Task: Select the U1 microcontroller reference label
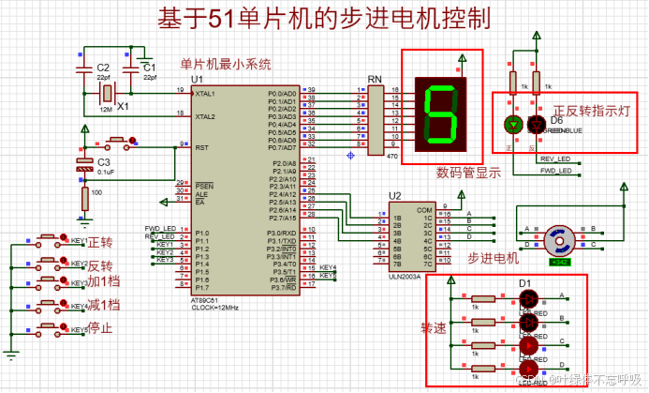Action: (x=197, y=80)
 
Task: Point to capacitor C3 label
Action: (x=104, y=161)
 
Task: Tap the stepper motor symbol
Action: (x=559, y=239)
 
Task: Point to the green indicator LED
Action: (x=512, y=123)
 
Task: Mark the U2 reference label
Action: (x=395, y=195)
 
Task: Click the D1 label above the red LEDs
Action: (x=525, y=283)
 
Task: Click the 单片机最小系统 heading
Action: (x=226, y=64)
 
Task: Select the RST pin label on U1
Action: (x=201, y=147)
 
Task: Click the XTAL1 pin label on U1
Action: (x=205, y=94)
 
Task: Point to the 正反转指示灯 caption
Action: (x=594, y=109)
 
